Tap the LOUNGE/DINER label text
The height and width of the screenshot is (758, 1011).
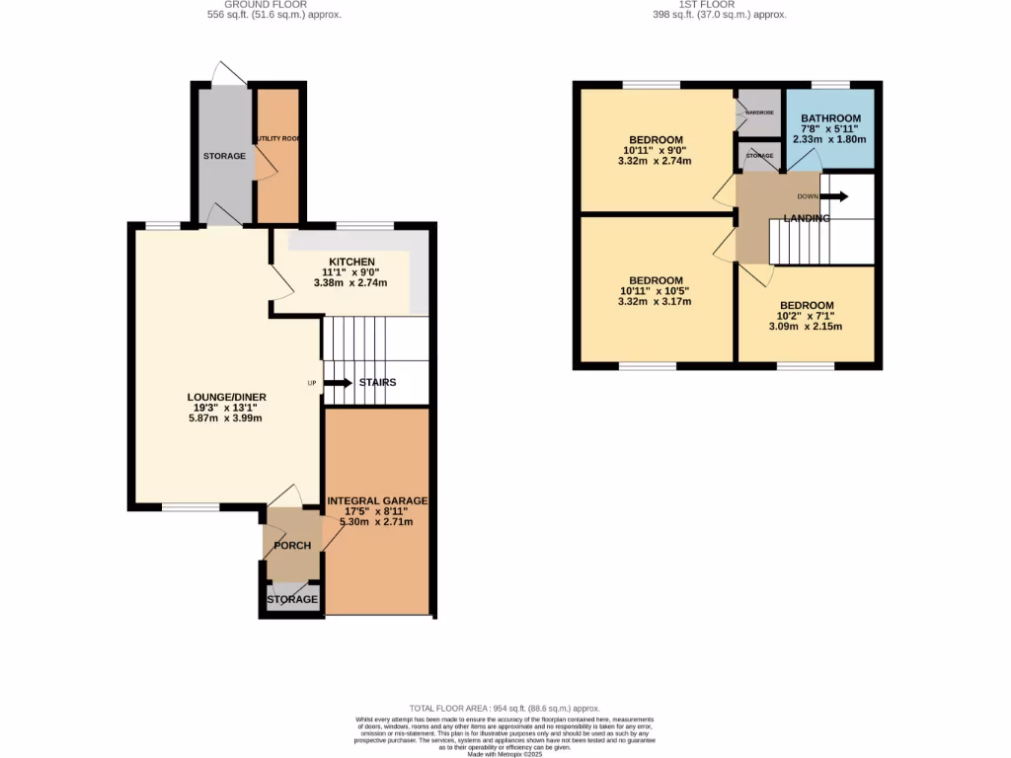[x=227, y=398]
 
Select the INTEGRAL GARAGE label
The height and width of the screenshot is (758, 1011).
[x=377, y=501]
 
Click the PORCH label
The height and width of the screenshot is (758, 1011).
[x=292, y=546]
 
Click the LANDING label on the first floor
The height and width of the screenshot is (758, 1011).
[x=807, y=218]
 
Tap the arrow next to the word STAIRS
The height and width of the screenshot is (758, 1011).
[x=338, y=383]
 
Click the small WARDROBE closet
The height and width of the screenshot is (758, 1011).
[x=759, y=113]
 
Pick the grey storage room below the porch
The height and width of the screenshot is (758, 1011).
[x=292, y=599]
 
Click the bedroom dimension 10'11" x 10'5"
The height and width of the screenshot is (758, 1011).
[x=653, y=291]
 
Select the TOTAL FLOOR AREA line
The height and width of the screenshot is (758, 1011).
[x=505, y=709]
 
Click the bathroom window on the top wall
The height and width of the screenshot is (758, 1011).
[x=831, y=85]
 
